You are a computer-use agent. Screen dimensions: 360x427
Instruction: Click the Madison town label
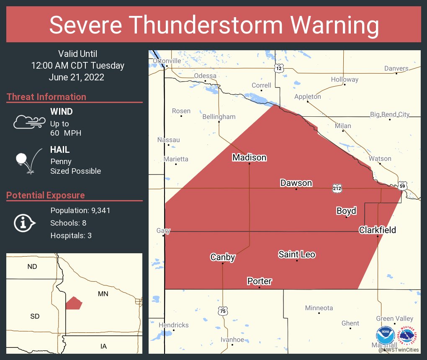pyautogui.click(x=249, y=157)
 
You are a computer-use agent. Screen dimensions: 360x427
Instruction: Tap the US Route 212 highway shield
pyautogui.click(x=337, y=188)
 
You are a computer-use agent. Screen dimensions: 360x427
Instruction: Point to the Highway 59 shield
pyautogui.click(x=402, y=185)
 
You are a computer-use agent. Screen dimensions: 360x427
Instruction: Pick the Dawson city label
pyautogui.click(x=296, y=183)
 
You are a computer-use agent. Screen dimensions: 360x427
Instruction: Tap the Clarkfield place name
pyautogui.click(x=377, y=230)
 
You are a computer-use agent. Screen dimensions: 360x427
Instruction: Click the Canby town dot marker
pyautogui.click(x=223, y=263)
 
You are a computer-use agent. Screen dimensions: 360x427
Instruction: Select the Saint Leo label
pyautogui.click(x=297, y=254)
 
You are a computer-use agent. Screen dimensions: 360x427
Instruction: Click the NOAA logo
pyautogui.click(x=386, y=336)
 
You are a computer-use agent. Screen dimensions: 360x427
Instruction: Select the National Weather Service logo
pyautogui.click(x=408, y=336)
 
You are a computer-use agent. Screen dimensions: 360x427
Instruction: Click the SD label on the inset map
pyautogui.click(x=35, y=316)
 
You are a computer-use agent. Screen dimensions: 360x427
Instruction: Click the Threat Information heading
pyautogui.click(x=46, y=97)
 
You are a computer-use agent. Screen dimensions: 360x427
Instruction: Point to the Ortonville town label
pyautogui.click(x=167, y=61)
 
